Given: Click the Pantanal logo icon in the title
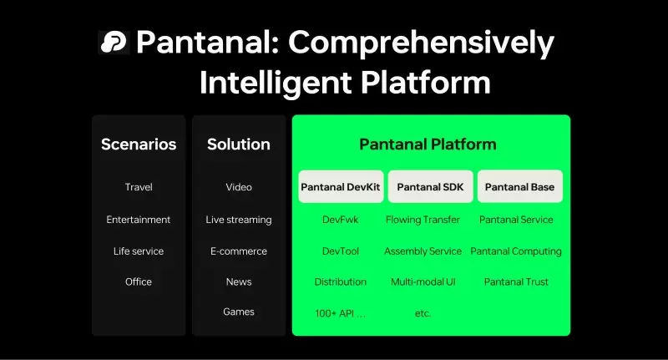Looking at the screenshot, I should coord(113,42).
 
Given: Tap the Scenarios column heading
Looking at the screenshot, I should coord(139,145).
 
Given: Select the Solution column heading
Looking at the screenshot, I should coord(239,145).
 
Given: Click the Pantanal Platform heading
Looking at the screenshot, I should coord(428,145).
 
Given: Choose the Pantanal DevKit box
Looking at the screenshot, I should coord(340,187).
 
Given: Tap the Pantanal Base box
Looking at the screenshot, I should coord(519,187).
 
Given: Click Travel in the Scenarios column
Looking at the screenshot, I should coord(139,187).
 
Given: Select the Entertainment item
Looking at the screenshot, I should coord(139,220).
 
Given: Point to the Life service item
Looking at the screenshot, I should coord(139,251).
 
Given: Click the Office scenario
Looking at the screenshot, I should coord(139,281).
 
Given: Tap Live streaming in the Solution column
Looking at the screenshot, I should coord(239,220).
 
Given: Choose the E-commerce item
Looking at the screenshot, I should coord(239,251).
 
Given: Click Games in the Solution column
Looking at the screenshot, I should coord(239,312).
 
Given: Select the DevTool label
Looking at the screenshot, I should coord(340,251).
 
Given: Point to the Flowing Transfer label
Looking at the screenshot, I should coord(423,220).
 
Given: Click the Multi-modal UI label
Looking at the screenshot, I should coord(423,281).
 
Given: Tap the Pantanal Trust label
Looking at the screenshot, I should coord(516,281).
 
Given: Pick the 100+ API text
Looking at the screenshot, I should coord(340,313).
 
